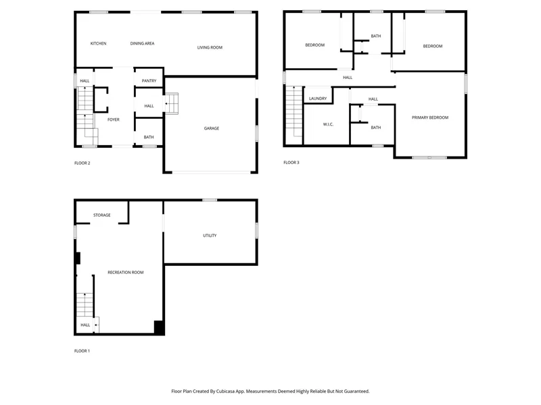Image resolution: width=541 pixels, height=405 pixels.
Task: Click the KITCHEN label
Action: pos(98,43)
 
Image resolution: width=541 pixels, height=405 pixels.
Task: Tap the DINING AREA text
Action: pos(142,43)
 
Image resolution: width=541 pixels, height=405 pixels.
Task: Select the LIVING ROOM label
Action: pos(210,47)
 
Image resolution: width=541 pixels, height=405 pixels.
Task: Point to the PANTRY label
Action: pos(149,80)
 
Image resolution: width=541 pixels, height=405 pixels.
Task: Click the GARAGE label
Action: pos(212,128)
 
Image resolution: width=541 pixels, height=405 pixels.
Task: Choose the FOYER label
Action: pos(114,119)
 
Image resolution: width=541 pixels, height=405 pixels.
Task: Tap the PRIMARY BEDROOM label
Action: pos(430,117)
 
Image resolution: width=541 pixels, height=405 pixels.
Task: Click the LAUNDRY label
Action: pos(318,99)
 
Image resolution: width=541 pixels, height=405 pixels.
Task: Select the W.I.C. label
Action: pos(328,124)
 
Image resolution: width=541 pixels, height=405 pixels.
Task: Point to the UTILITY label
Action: pos(210,236)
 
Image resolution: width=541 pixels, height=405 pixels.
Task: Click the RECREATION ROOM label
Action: pos(126,273)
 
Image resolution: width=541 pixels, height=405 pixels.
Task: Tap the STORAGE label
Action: pos(102,215)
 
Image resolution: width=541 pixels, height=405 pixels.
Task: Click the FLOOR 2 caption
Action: pos(82,163)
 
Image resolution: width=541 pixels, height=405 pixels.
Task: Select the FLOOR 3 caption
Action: pos(291,162)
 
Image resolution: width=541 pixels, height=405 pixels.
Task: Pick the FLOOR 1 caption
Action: pos(82,351)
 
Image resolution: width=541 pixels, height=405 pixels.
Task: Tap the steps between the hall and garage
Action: pos(171,103)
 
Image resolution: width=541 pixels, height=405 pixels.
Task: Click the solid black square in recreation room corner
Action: pos(159,327)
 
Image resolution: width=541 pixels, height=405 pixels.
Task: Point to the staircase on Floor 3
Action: pos(294,111)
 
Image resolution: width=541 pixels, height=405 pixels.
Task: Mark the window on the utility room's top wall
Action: pos(210,200)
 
